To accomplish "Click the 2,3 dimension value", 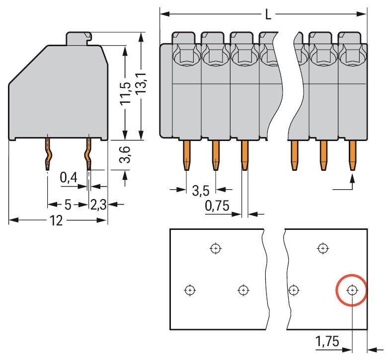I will tap(98, 204).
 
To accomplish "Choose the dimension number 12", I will tap(56, 220).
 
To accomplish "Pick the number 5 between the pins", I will tap(68, 204).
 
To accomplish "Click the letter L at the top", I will tap(268, 14).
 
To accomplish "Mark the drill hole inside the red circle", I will tap(352, 290).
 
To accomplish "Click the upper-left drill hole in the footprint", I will tap(215, 248).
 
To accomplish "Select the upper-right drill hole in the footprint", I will tap(323, 248).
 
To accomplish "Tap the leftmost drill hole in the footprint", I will tap(189, 290).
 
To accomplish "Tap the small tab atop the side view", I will tap(78, 38).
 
